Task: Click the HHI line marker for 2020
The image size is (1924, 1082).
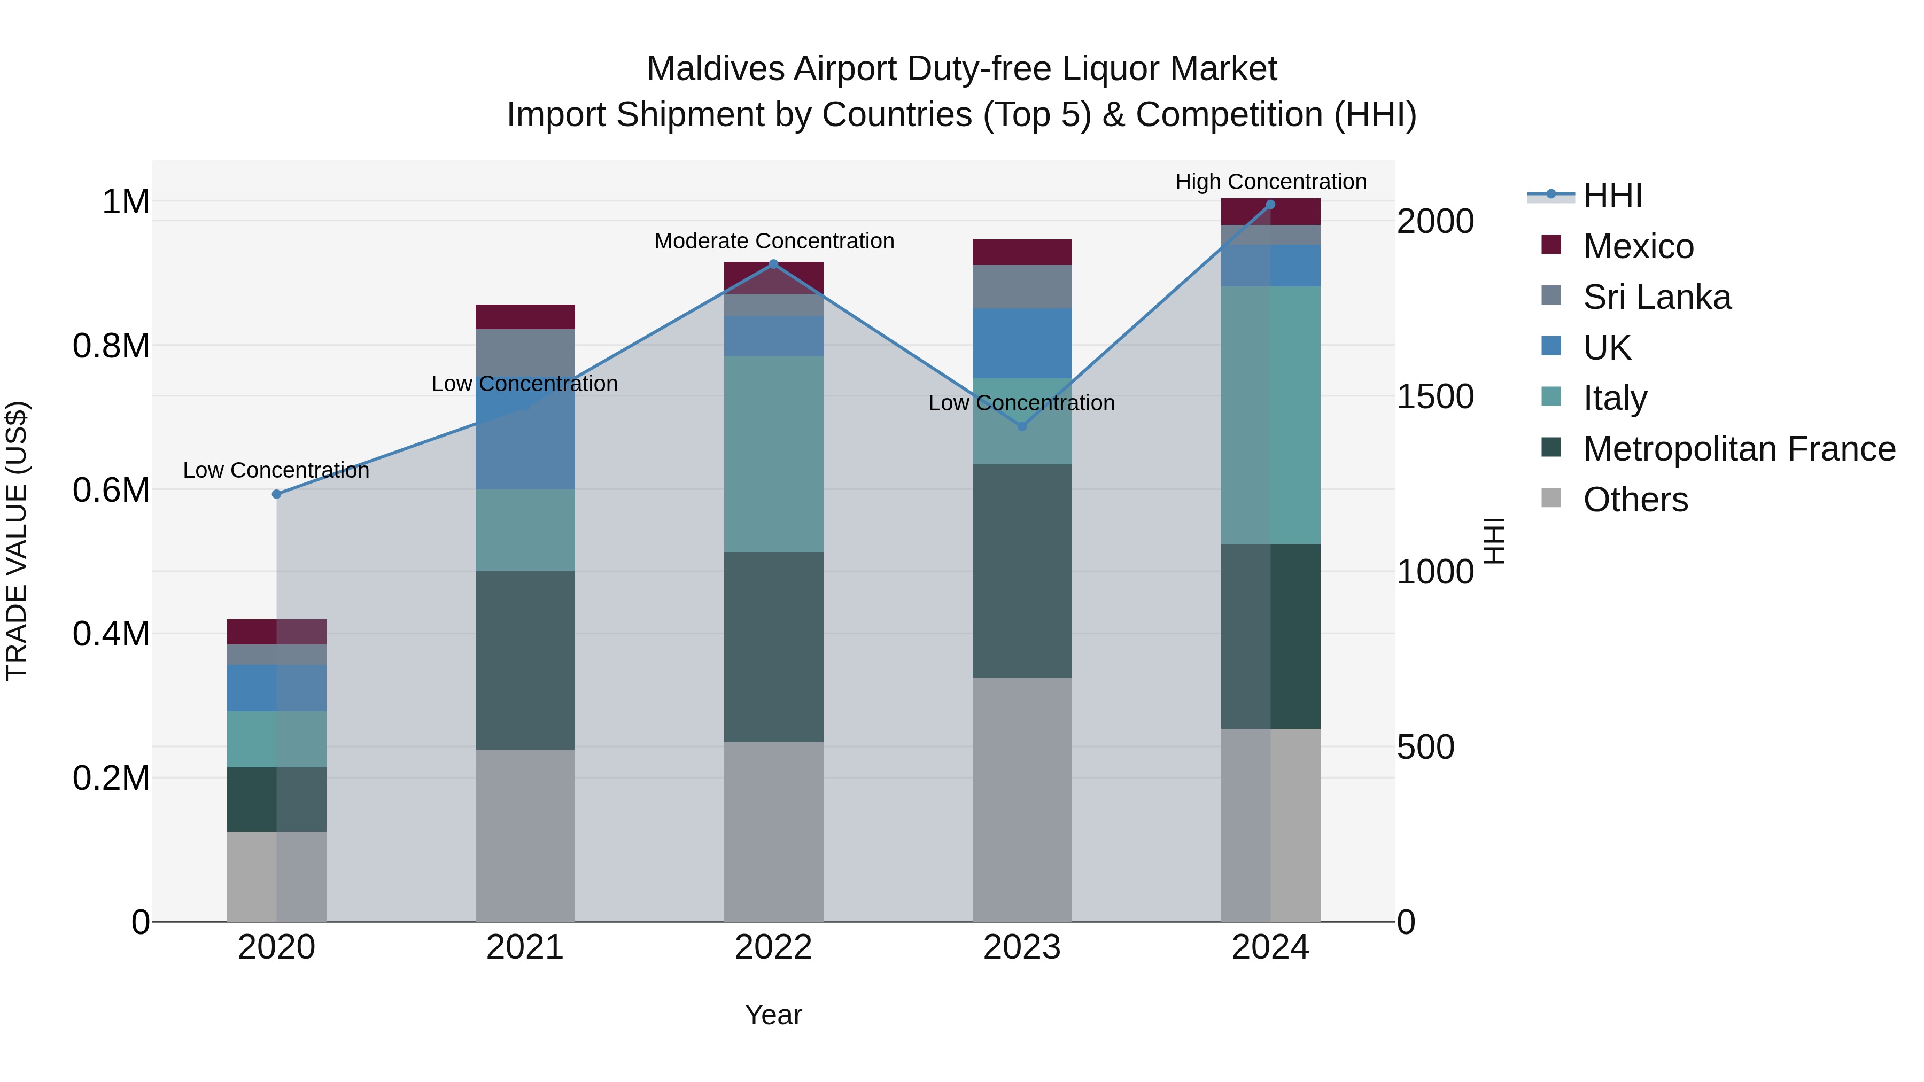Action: pyautogui.click(x=276, y=494)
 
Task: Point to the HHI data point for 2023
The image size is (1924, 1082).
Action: pyautogui.click(x=1022, y=426)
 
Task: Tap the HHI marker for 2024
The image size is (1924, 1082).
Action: pyautogui.click(x=1270, y=205)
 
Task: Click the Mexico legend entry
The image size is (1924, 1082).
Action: pyautogui.click(x=1638, y=246)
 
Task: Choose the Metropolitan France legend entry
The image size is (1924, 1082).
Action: pyautogui.click(x=1739, y=449)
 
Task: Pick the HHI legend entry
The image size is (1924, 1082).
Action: pyautogui.click(x=1612, y=196)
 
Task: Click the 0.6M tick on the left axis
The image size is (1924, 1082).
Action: pyautogui.click(x=111, y=491)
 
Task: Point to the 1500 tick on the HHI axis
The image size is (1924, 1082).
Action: pyautogui.click(x=1435, y=396)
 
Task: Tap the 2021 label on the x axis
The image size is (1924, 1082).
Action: pyautogui.click(x=525, y=947)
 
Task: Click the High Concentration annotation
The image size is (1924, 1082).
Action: pyautogui.click(x=1270, y=182)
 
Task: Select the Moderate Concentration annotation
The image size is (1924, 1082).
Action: pyautogui.click(x=774, y=241)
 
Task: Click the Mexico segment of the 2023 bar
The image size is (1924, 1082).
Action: pyautogui.click(x=1022, y=252)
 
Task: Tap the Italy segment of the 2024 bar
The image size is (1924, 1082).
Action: pyautogui.click(x=1270, y=415)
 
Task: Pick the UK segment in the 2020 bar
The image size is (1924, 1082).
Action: pyautogui.click(x=276, y=688)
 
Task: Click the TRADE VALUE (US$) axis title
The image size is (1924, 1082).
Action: pyautogui.click(x=17, y=541)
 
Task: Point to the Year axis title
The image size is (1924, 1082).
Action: pyautogui.click(x=773, y=1015)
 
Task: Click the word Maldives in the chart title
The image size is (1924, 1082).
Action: pyautogui.click(x=716, y=69)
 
